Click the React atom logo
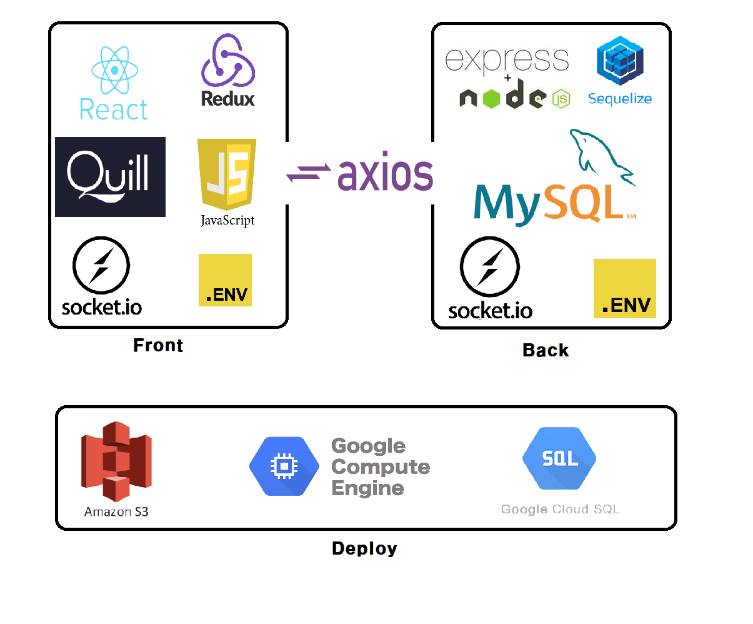point(114,70)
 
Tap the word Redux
point(228,99)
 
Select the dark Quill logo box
point(111,177)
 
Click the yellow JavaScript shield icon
point(226,173)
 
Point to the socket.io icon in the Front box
point(101,265)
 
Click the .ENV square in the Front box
point(225,280)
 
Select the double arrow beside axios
point(309,173)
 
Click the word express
point(507,60)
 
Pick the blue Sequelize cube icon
point(620,61)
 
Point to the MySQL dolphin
point(600,153)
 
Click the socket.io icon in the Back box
point(490,267)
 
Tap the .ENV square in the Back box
point(624,288)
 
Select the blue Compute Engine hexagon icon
point(284,466)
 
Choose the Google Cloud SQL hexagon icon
point(559,459)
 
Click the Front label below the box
point(158,345)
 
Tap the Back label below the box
point(546,350)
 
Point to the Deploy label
point(364,548)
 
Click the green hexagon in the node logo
point(492,98)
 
